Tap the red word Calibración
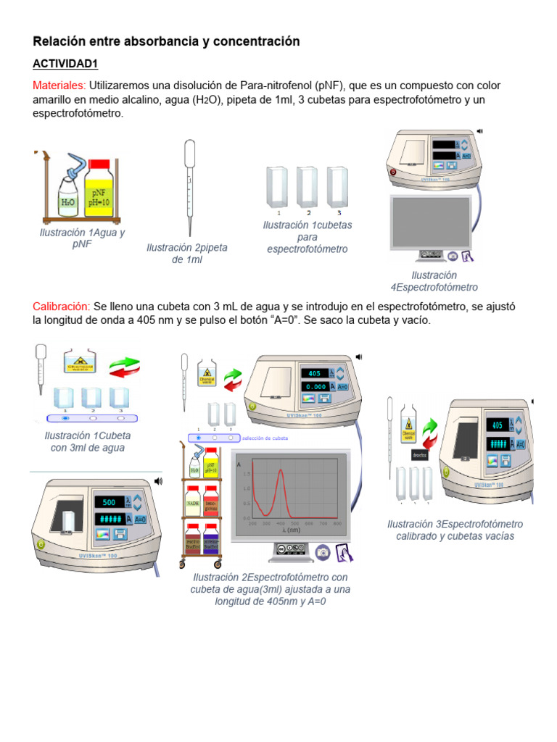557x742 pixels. [62, 307]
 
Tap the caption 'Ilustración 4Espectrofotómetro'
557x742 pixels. [434, 281]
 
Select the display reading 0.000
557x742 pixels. [314, 387]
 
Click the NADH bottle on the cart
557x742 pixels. [193, 503]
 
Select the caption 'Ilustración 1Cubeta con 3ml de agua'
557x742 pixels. [87, 442]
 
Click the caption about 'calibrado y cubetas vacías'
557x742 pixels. [455, 530]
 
